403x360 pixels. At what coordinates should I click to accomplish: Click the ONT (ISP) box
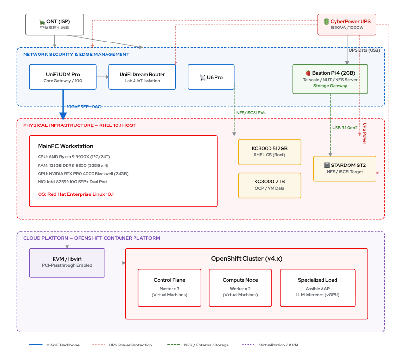pos(54,25)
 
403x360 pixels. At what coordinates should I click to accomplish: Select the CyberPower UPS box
pos(347,25)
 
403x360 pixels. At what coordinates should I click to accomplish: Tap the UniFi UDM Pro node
pos(63,77)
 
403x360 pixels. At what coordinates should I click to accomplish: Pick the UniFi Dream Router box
pos(142,77)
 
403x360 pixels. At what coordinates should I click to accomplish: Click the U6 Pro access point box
pos(211,77)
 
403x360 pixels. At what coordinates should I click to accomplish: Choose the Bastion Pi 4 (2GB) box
pos(330,79)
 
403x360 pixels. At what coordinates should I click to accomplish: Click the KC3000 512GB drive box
pos(269,152)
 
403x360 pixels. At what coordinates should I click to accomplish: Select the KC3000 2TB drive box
pos(269,185)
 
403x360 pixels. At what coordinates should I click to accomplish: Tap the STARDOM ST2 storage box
pos(345,169)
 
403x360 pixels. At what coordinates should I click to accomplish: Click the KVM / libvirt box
pos(67,263)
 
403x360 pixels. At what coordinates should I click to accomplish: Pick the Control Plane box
pos(169,288)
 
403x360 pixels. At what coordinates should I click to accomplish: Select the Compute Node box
pos(241,288)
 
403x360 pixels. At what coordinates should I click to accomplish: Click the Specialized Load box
pos(318,288)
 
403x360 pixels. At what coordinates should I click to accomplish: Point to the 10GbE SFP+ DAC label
pos(84,107)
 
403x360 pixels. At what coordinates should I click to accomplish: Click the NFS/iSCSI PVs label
pos(251,113)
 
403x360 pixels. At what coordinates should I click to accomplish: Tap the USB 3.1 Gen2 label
pos(345,128)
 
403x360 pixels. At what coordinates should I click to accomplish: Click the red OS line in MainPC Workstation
pos(76,194)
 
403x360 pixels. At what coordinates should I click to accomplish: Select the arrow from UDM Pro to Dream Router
pos(103,77)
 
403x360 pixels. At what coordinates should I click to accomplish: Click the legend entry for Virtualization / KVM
pos(270,345)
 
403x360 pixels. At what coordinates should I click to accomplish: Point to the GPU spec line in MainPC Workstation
pos(83,174)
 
